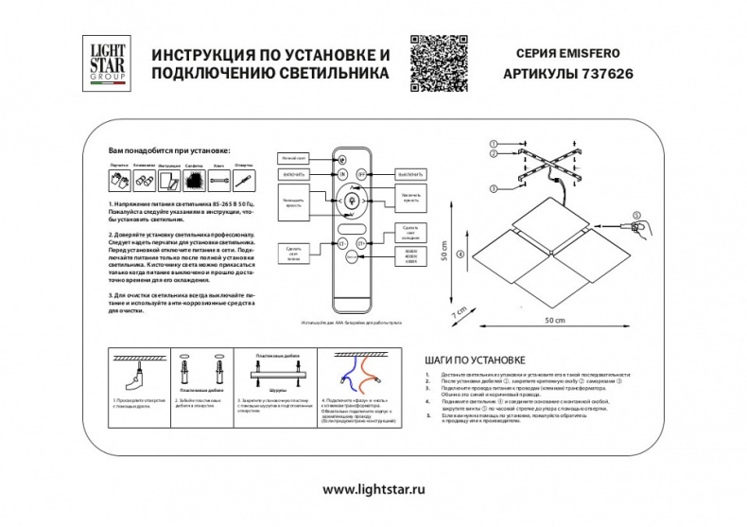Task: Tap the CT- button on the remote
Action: point(341,243)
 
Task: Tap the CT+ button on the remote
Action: point(360,243)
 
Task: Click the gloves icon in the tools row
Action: point(119,180)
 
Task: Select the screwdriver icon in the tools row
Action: point(244,180)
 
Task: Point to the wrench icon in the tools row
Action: point(218,180)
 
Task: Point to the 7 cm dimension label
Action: point(458,311)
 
